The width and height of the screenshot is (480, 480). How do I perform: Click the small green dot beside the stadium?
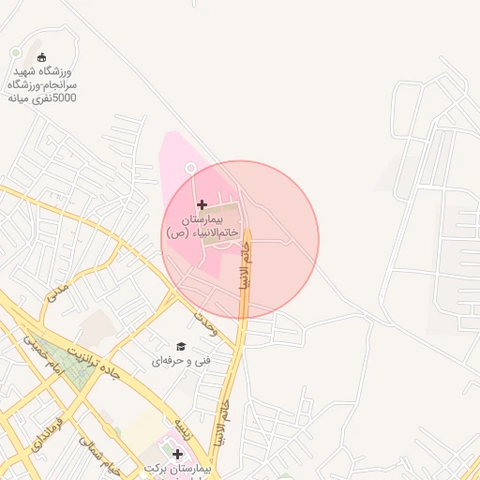pos(15,53)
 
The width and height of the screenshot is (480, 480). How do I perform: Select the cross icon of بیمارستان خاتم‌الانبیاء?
pos(202,203)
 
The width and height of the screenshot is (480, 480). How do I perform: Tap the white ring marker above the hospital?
pos(190,168)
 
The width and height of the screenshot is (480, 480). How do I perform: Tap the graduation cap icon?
pos(181,346)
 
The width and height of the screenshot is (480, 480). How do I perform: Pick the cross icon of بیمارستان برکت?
pos(177,454)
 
